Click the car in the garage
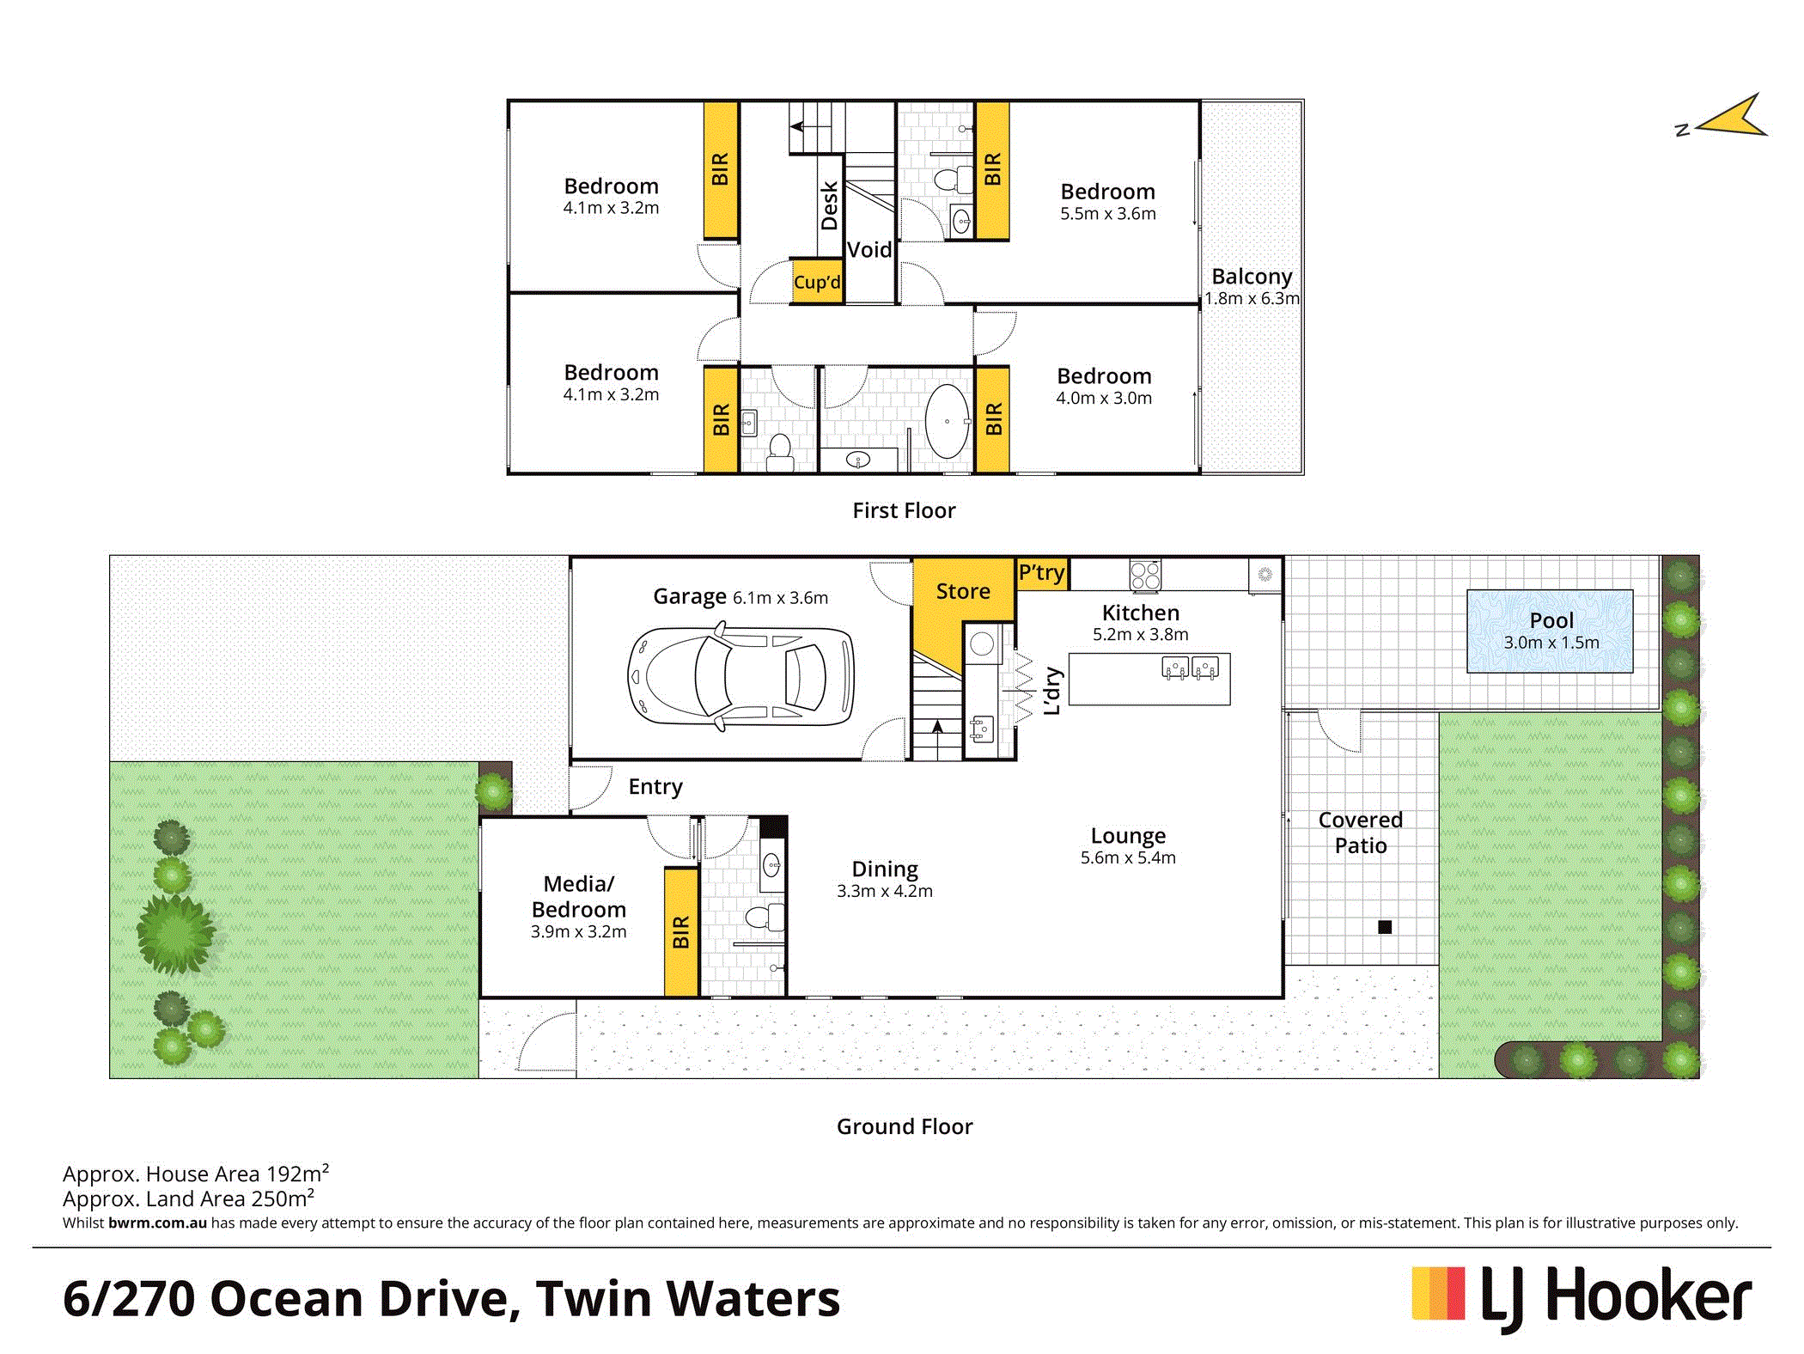[x=740, y=677]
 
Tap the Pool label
[x=1551, y=620]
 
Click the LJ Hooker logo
[x=1582, y=1296]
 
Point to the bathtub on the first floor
[x=948, y=421]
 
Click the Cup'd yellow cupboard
[x=817, y=282]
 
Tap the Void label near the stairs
[x=869, y=250]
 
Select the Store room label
[x=963, y=591]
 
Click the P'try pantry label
[x=1041, y=573]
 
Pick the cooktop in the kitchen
[x=1145, y=575]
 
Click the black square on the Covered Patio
[x=1385, y=927]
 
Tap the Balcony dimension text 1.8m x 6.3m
[x=1252, y=299]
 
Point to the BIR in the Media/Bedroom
[x=681, y=932]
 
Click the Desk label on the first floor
[x=829, y=205]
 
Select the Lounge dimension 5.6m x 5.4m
[x=1128, y=857]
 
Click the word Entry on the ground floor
[x=655, y=787]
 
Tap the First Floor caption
[x=904, y=510]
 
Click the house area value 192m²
[x=297, y=1173]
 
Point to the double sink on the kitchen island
[x=1190, y=668]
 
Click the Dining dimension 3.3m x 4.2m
[x=885, y=891]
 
